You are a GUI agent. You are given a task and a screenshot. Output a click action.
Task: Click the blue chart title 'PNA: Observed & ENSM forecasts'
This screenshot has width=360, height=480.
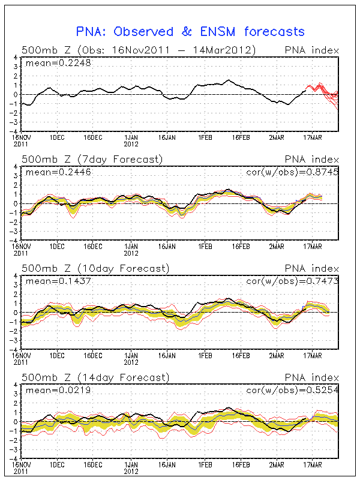pyautogui.click(x=190, y=32)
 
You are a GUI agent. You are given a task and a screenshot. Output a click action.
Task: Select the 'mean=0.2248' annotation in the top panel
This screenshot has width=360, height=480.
pyautogui.click(x=58, y=63)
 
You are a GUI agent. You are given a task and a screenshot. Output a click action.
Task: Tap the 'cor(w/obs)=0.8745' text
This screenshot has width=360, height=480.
pyautogui.click(x=292, y=172)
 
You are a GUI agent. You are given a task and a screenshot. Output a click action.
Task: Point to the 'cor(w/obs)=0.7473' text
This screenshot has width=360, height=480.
pyautogui.click(x=292, y=281)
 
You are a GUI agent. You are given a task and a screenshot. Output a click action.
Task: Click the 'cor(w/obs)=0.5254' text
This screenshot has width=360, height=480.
pyautogui.click(x=292, y=391)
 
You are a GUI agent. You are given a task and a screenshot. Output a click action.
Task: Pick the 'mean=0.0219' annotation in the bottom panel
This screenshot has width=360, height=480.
pyautogui.click(x=58, y=391)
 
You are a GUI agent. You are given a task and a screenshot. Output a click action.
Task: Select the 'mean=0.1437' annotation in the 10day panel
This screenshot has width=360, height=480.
pyautogui.click(x=58, y=281)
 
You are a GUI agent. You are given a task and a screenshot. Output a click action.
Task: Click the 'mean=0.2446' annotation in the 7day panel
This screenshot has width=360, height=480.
pyautogui.click(x=58, y=172)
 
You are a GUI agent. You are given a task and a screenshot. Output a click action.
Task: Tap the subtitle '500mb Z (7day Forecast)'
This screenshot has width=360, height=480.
pyautogui.click(x=92, y=160)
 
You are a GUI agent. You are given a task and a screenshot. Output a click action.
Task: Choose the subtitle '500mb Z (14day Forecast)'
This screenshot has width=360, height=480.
pyautogui.click(x=95, y=378)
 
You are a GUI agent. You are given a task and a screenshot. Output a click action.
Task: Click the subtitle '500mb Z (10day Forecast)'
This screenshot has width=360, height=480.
pyautogui.click(x=95, y=269)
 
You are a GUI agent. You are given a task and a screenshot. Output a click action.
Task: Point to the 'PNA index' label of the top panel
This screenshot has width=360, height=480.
pyautogui.click(x=311, y=50)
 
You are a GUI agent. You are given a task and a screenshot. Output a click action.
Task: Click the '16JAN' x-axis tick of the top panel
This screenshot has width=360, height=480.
pyautogui.click(x=167, y=138)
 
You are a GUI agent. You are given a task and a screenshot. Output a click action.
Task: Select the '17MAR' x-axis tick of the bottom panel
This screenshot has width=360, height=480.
pyautogui.click(x=313, y=465)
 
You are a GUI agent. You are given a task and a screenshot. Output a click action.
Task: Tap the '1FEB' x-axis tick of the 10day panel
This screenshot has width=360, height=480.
pyautogui.click(x=205, y=356)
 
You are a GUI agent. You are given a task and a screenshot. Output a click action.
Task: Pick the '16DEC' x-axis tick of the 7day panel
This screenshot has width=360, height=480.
pyautogui.click(x=93, y=247)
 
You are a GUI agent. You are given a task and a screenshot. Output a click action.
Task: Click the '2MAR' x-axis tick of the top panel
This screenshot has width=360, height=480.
pyautogui.click(x=277, y=138)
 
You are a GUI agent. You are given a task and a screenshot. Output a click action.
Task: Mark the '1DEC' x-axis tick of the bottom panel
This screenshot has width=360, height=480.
pyautogui.click(x=57, y=465)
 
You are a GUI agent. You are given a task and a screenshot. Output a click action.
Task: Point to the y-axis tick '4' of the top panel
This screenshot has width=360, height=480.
pyautogui.click(x=16, y=57)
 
